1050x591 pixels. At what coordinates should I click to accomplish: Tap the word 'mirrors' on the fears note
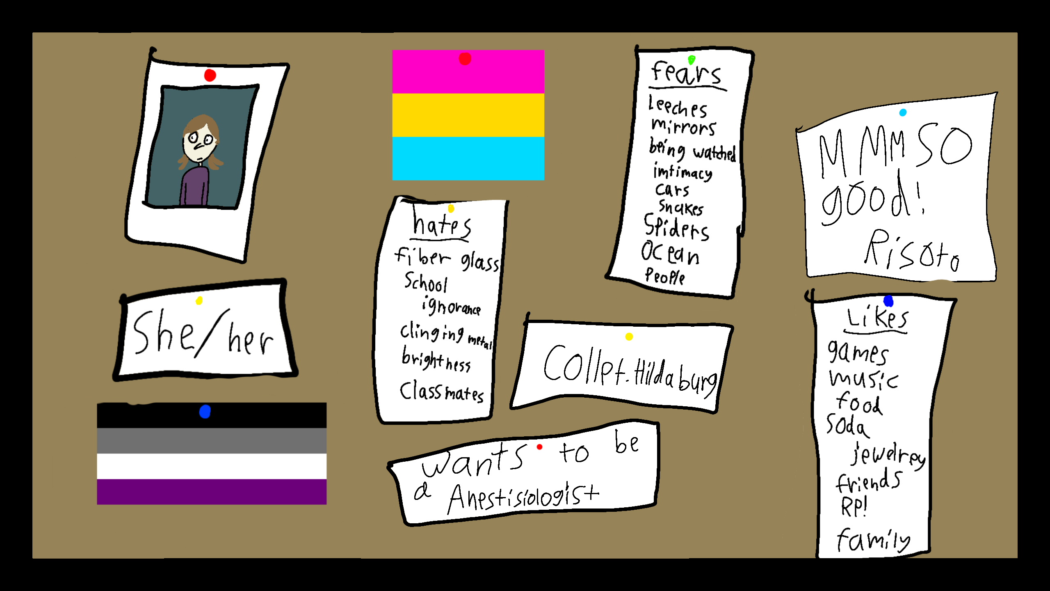683,127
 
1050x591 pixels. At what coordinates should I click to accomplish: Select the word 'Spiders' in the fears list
676,227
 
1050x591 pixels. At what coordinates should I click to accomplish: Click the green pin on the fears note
692,60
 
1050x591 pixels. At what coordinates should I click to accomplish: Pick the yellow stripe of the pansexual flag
468,115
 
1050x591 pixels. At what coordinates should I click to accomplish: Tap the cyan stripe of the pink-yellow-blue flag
468,158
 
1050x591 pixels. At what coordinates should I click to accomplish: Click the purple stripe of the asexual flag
212,491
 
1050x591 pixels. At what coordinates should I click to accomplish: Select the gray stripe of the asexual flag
212,440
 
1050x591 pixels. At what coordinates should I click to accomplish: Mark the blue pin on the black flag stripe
205,411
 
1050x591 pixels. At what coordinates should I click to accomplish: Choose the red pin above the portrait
210,76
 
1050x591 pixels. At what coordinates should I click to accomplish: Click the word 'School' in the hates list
426,283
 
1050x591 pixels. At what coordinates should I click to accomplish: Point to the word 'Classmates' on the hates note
441,392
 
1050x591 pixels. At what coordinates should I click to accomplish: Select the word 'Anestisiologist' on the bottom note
523,497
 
